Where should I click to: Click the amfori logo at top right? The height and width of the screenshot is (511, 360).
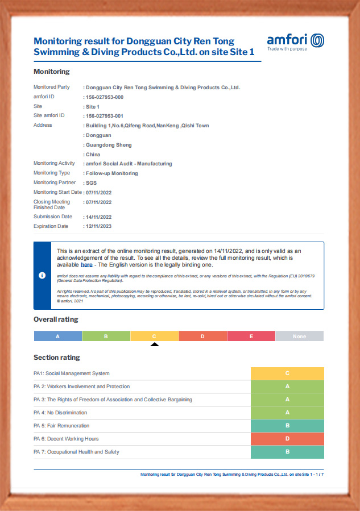click(x=295, y=40)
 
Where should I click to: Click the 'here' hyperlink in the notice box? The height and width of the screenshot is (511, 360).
click(x=86, y=265)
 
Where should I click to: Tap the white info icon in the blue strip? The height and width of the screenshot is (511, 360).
click(x=42, y=275)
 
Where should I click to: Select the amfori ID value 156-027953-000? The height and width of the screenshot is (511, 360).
click(x=104, y=97)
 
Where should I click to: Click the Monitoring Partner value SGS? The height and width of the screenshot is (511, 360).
click(x=91, y=183)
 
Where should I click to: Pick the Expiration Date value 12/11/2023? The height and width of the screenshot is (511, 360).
click(x=98, y=226)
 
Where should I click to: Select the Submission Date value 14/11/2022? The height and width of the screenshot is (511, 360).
click(x=98, y=217)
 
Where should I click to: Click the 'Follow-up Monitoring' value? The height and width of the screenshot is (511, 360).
click(x=111, y=173)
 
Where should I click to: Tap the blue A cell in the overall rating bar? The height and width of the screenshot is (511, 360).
click(x=57, y=336)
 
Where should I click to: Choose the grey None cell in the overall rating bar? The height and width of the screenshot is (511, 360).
click(x=299, y=336)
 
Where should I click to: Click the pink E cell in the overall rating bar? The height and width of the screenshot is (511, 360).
click(x=251, y=336)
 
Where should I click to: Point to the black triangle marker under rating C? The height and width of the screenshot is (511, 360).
click(x=155, y=344)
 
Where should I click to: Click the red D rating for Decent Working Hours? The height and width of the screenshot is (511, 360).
click(x=287, y=439)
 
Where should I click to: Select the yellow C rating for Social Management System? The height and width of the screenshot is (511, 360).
click(x=287, y=373)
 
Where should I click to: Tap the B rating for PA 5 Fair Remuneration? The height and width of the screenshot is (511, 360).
click(x=287, y=426)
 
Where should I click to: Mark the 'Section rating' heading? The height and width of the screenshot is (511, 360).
click(x=57, y=358)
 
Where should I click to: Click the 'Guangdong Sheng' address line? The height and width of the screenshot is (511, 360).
click(x=108, y=145)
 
